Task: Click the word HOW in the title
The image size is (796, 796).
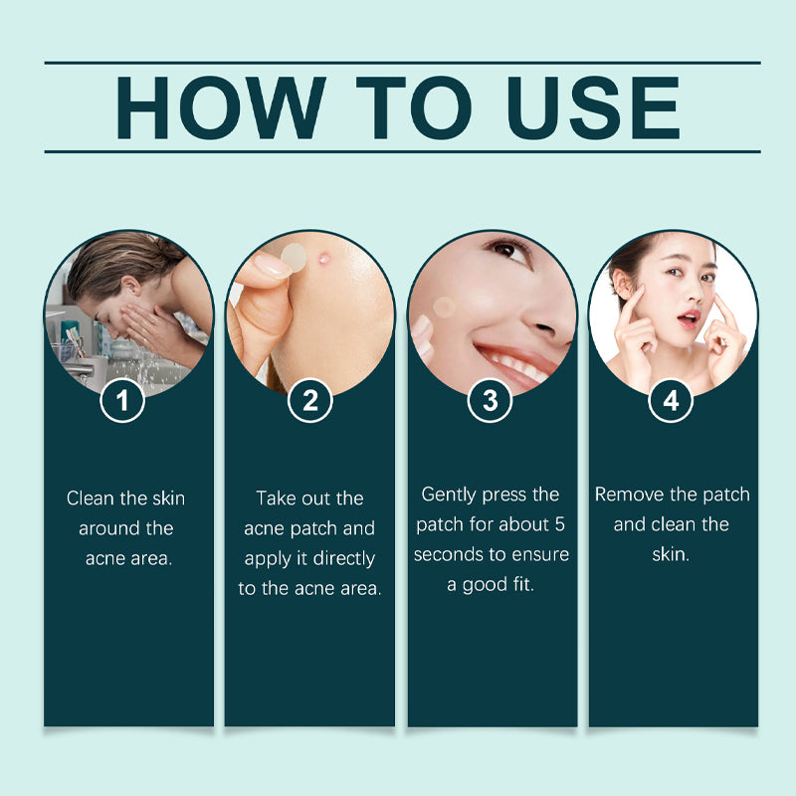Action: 221,107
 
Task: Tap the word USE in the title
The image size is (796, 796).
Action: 593,107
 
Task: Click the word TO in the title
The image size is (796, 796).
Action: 413,107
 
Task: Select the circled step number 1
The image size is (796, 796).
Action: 122,401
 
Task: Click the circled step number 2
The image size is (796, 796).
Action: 310,401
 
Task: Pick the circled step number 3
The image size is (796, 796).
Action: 490,401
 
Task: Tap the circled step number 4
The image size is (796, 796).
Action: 671,401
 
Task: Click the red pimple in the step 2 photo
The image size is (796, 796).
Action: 323,260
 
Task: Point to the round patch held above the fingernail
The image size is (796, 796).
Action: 294,257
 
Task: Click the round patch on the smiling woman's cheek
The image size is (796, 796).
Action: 444,307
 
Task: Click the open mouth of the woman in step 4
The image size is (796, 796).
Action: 689,319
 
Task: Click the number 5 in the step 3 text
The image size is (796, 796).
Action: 559,524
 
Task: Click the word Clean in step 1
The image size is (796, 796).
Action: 89,498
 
